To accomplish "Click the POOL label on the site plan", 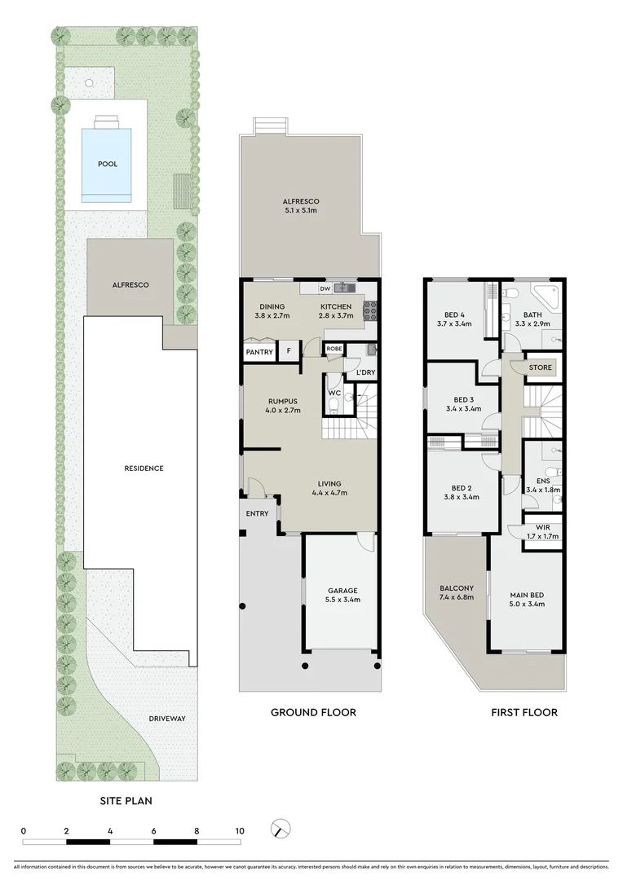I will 108,164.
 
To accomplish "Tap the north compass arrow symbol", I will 281,828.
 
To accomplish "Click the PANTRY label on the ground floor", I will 259,352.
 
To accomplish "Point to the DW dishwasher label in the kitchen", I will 325,288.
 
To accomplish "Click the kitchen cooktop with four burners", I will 368,310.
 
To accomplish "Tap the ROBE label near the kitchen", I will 334,349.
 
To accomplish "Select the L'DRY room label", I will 365,372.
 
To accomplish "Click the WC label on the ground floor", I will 334,393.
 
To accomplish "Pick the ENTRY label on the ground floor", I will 257,513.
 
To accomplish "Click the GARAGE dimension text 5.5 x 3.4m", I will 343,600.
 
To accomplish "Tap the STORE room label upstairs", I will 541,367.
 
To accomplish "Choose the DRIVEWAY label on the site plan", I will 167,719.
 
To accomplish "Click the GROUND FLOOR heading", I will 313,712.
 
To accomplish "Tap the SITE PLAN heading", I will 126,800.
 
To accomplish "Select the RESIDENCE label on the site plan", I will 144,469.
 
